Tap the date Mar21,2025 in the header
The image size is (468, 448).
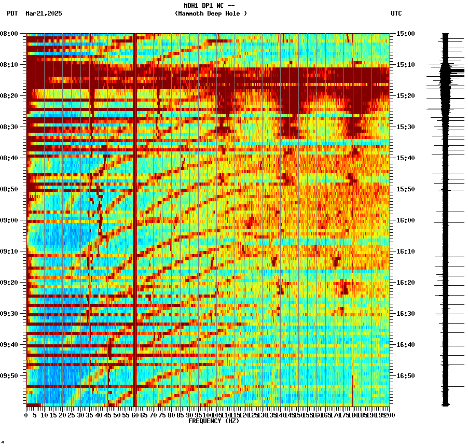click(x=44, y=13)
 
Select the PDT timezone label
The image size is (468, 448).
click(x=12, y=13)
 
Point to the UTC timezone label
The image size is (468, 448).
click(x=396, y=13)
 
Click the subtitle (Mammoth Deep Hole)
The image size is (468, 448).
click(x=211, y=13)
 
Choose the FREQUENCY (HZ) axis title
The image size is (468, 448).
click(x=213, y=421)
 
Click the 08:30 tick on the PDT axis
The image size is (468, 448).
click(x=9, y=127)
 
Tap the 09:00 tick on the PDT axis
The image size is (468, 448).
click(x=9, y=220)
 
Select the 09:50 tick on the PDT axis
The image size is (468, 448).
click(x=9, y=376)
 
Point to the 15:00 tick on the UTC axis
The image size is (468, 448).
click(x=405, y=34)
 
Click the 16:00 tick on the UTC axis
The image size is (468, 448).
click(x=405, y=220)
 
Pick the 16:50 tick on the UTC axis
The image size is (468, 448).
click(x=405, y=376)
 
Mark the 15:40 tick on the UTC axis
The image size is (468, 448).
click(x=405, y=158)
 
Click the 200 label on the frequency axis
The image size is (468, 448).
click(x=389, y=415)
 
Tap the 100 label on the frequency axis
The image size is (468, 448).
click(x=208, y=415)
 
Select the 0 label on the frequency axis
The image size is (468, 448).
click(x=26, y=415)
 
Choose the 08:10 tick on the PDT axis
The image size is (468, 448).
click(x=9, y=65)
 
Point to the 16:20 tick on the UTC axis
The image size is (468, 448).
click(x=405, y=283)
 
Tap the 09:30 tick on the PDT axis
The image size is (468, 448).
click(x=9, y=314)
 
